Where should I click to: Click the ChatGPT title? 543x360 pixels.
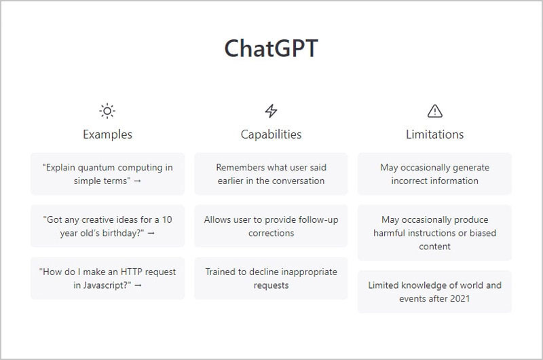coord(271,48)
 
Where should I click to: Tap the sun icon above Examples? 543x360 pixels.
coord(107,111)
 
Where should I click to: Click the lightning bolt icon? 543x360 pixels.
coord(271,111)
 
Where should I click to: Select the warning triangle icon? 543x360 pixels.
coord(434,111)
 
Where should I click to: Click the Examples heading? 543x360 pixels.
coord(107,134)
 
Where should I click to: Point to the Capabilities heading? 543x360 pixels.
coord(271,134)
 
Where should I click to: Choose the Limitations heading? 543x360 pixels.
coord(434,134)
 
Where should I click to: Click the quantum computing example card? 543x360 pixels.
coord(107,174)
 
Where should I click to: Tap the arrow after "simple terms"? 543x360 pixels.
coord(138,181)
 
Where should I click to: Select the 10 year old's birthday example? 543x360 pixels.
coord(107,226)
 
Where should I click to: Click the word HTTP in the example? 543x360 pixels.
coord(131,272)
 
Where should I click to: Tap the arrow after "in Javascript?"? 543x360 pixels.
coord(138,285)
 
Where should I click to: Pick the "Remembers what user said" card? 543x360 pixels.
coord(271,174)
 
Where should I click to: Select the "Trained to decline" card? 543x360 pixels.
coord(271,278)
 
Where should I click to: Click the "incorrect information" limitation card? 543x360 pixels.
coord(434,174)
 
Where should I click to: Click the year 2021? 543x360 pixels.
coord(460,299)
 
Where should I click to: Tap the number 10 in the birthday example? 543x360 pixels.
coord(167,219)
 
